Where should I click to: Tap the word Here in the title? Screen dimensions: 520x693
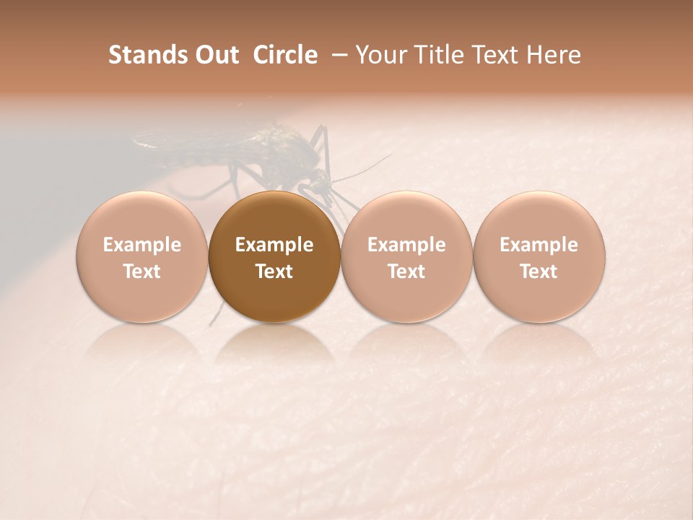[x=554, y=55]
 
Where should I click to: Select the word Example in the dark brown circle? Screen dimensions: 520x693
[x=274, y=245]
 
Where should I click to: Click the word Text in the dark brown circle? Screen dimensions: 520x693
[x=274, y=272]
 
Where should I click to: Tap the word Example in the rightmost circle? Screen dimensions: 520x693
[x=539, y=245]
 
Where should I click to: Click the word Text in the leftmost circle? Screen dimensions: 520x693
[x=142, y=272]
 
